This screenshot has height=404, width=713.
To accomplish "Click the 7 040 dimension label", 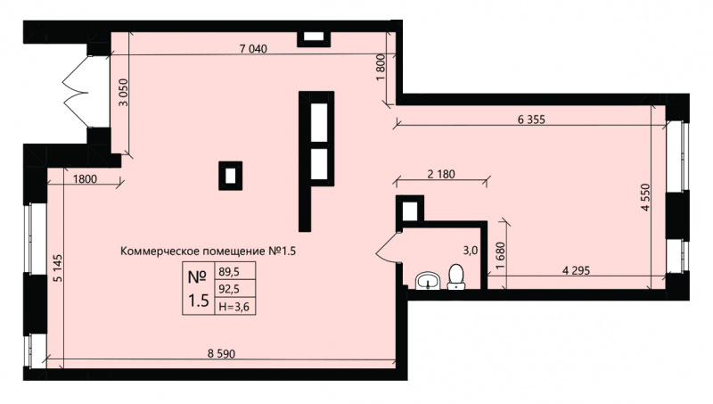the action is (x=253, y=49).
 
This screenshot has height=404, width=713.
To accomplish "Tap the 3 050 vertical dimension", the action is (x=123, y=93).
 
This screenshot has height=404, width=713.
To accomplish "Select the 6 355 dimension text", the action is (x=531, y=120).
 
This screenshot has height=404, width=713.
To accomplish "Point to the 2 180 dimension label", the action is (x=441, y=174).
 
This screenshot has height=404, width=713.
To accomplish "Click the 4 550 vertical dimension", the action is (x=645, y=197).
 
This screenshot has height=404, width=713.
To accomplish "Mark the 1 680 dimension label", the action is (x=500, y=256).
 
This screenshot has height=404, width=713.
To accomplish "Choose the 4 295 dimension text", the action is (x=576, y=270).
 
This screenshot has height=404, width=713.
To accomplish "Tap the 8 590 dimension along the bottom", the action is (x=221, y=353).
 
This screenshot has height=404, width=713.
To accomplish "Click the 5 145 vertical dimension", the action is (x=58, y=268).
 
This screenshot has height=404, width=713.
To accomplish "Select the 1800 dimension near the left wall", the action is (x=85, y=179).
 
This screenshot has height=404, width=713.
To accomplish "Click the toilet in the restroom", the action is (x=455, y=277).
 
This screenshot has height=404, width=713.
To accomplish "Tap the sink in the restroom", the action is (x=428, y=281).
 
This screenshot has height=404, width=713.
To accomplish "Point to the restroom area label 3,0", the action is (x=471, y=250).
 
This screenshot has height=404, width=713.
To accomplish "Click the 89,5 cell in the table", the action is (x=229, y=272).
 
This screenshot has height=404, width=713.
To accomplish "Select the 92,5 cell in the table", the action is (x=229, y=288).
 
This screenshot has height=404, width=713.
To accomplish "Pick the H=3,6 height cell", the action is (x=234, y=307).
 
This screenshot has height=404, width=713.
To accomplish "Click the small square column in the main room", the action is (x=231, y=176).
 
